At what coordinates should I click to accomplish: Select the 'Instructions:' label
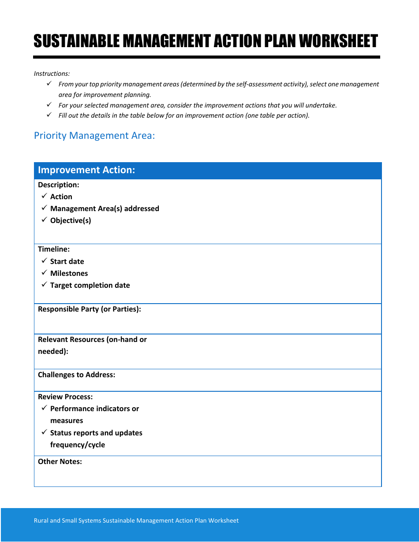pyautogui.click(x=52, y=74)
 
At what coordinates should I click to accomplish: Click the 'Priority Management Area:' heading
pyautogui.click(x=94, y=135)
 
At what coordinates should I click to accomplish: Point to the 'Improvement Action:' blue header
pyautogui.click(x=86, y=170)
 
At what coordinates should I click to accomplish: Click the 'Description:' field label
pyautogui.click(x=58, y=185)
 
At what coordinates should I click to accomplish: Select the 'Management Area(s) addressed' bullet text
pyautogui.click(x=105, y=208)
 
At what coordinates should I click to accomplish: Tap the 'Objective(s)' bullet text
pyautogui.click(x=71, y=220)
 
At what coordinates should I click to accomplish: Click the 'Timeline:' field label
pyautogui.click(x=53, y=249)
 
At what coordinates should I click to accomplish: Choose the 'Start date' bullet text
pyautogui.click(x=67, y=261)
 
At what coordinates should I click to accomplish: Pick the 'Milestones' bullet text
pyautogui.click(x=69, y=273)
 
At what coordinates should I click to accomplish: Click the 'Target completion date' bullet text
pyautogui.click(x=90, y=285)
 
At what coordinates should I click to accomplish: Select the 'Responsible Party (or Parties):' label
pyautogui.click(x=89, y=309)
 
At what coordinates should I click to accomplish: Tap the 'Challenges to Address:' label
pyautogui.click(x=76, y=375)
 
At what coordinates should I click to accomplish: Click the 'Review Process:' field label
pyautogui.click(x=65, y=397)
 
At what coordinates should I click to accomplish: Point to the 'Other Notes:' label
pyautogui.click(x=60, y=461)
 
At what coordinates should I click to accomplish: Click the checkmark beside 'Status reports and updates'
pyautogui.click(x=44, y=432)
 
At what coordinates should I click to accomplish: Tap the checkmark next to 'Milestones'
pyautogui.click(x=44, y=273)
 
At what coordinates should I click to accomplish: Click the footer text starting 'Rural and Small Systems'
pyautogui.click(x=136, y=520)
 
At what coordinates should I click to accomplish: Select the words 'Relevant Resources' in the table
pyautogui.click(x=71, y=339)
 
